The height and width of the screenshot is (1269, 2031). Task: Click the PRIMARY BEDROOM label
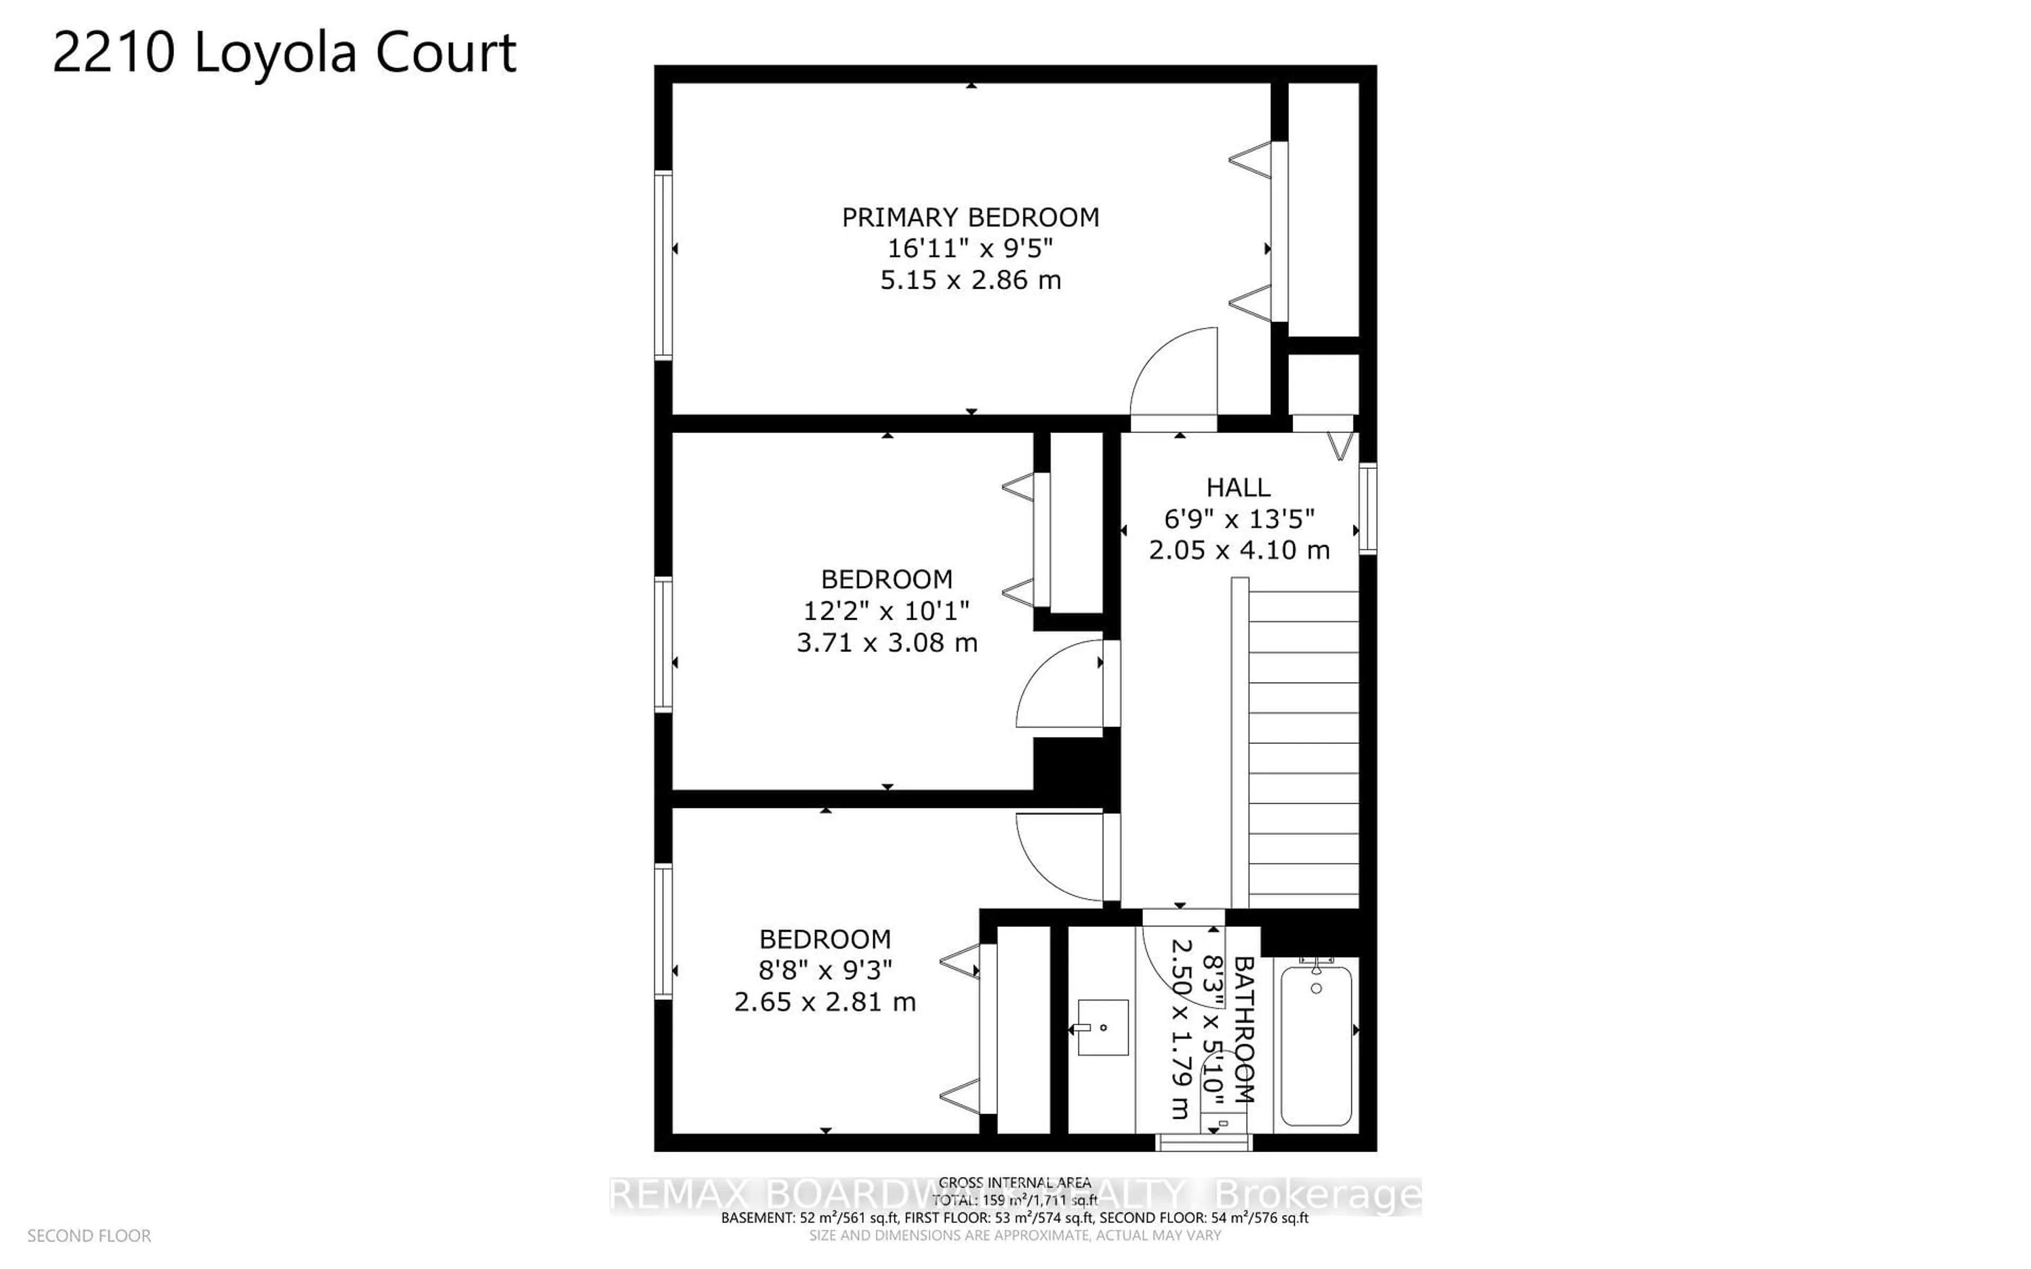(x=970, y=217)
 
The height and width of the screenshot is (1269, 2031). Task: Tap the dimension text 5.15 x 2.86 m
(x=970, y=280)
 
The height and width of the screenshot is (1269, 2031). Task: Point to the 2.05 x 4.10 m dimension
(x=1239, y=550)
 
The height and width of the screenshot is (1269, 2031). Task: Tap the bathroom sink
(x=1102, y=1027)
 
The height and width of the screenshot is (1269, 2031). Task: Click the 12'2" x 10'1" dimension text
(x=886, y=611)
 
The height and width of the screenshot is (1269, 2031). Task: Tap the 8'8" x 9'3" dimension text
(x=825, y=970)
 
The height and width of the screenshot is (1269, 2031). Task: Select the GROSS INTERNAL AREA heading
(x=1014, y=1183)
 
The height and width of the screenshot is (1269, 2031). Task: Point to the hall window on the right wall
(x=1367, y=509)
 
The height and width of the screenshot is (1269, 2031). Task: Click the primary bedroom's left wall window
(x=663, y=265)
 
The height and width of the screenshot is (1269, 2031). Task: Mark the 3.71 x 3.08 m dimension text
(x=886, y=643)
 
